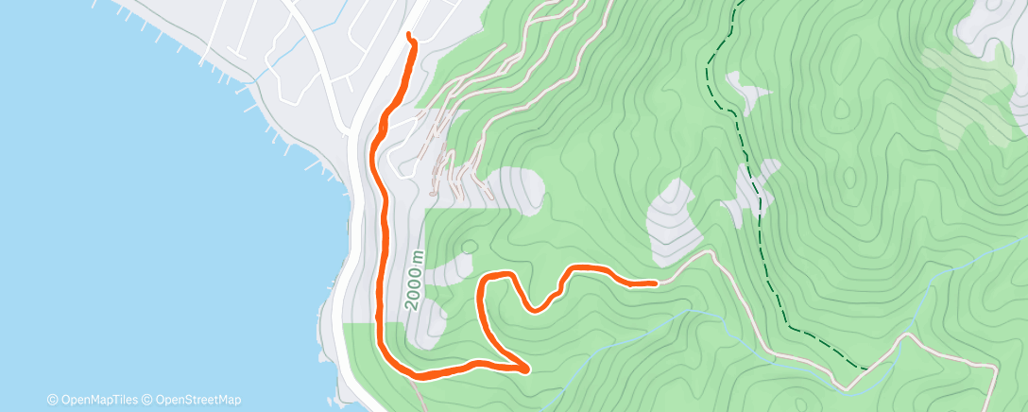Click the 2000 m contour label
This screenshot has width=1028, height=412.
pos(416,281)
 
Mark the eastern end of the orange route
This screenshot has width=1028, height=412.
pos(655,283)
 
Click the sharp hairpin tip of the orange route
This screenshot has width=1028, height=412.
pos(525,368)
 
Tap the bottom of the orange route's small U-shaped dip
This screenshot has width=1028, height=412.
pos(536,308)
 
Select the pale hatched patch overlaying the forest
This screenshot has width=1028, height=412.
pos(973,94)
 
